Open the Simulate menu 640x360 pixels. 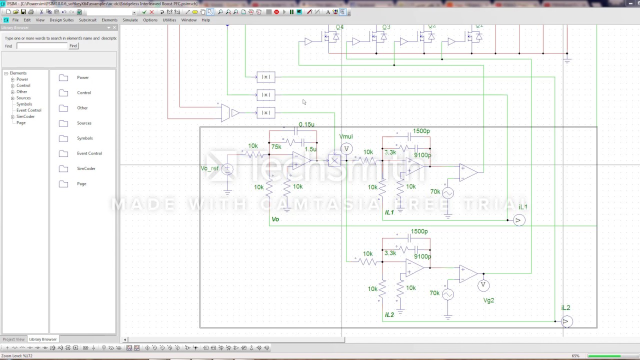click(130, 20)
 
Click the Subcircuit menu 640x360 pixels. click(87, 20)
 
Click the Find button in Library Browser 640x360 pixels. click(73, 46)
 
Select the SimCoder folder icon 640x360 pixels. click(63, 169)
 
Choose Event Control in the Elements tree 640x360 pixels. click(28, 110)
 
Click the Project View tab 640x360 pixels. click(13, 339)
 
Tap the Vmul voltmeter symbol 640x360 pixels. click(346, 148)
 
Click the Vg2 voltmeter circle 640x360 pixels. click(483, 285)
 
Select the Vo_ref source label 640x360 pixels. click(209, 168)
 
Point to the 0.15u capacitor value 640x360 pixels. click(306, 124)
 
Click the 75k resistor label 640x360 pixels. click(276, 147)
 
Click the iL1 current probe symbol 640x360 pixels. click(519, 220)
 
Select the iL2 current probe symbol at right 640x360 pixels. click(566, 321)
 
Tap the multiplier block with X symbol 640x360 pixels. click(334, 160)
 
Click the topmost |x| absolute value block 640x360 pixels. click(265, 77)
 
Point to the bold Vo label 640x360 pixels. click(275, 219)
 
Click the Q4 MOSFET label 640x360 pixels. click(339, 27)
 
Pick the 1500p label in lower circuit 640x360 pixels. click(419, 231)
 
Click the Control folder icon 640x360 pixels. click(63, 93)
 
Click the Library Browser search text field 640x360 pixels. click(42, 46)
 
